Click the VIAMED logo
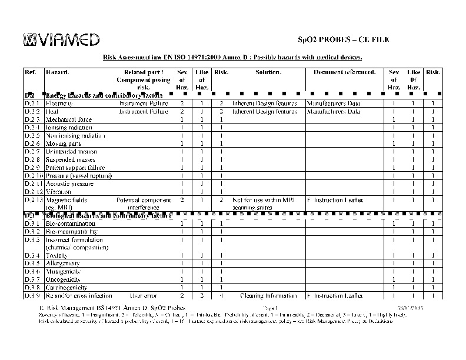coord(61,39)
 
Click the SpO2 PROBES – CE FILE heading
coord(342,39)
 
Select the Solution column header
coord(268,72)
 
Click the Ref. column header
coord(31,72)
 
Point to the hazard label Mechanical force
coord(69,119)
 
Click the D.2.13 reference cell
coord(33,200)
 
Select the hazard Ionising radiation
coord(69,127)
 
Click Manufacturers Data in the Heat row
coord(334,111)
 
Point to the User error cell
coord(143,295)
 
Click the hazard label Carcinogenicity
coord(66,288)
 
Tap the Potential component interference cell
coord(144,204)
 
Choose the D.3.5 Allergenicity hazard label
coord(63,264)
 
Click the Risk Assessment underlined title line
coord(232,57)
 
